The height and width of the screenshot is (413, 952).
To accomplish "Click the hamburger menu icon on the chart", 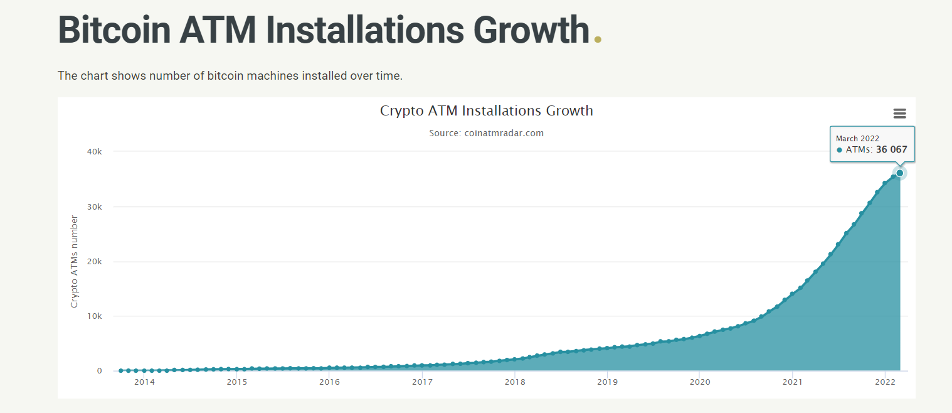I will (899, 114).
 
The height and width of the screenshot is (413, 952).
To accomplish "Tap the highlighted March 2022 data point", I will (899, 173).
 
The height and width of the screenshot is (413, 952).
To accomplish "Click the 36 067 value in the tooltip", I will (891, 150).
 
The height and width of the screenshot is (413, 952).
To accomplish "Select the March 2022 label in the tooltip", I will (857, 139).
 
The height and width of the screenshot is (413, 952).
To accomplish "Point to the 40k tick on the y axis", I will (95, 151).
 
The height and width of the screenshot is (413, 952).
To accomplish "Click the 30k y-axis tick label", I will (95, 206).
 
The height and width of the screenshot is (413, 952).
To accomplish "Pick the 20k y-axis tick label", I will (95, 262).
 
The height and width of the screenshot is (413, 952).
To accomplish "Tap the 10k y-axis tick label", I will (95, 316).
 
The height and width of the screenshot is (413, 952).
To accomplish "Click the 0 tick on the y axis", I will (99, 371).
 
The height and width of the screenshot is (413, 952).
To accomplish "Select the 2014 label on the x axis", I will (144, 382).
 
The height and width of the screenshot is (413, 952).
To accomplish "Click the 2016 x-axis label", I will (329, 382).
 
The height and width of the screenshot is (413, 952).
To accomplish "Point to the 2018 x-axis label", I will (514, 382).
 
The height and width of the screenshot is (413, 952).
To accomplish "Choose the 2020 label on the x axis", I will (699, 382).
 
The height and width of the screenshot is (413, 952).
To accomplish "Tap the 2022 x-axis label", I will (884, 382).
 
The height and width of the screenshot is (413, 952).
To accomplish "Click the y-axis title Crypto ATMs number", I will (74, 261).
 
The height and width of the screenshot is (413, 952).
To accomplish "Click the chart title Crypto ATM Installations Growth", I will (486, 111).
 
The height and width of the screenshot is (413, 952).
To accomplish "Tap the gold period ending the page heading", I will (598, 40).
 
